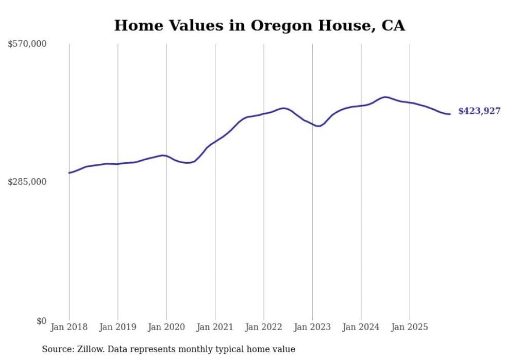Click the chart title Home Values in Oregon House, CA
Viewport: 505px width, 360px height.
[259, 25]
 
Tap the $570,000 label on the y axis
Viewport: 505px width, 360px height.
[27, 44]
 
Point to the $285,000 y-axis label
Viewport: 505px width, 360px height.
[27, 182]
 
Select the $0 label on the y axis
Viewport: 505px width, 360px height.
[41, 321]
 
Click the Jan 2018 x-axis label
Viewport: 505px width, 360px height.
[69, 327]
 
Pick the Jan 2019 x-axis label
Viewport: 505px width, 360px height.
[117, 327]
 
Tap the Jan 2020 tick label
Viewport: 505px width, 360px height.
[166, 327]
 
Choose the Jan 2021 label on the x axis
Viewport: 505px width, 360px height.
[215, 327]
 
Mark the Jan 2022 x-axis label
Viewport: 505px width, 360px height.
[264, 327]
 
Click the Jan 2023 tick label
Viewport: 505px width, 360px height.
[312, 327]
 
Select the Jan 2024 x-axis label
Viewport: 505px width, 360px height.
[361, 327]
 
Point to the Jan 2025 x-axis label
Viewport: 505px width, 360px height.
[410, 327]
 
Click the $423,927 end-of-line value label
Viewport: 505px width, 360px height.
[479, 111]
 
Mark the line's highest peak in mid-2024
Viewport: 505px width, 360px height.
[385, 97]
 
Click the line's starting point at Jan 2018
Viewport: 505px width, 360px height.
[69, 173]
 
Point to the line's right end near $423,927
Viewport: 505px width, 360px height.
[450, 114]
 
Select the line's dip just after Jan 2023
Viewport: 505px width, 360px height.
[319, 126]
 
